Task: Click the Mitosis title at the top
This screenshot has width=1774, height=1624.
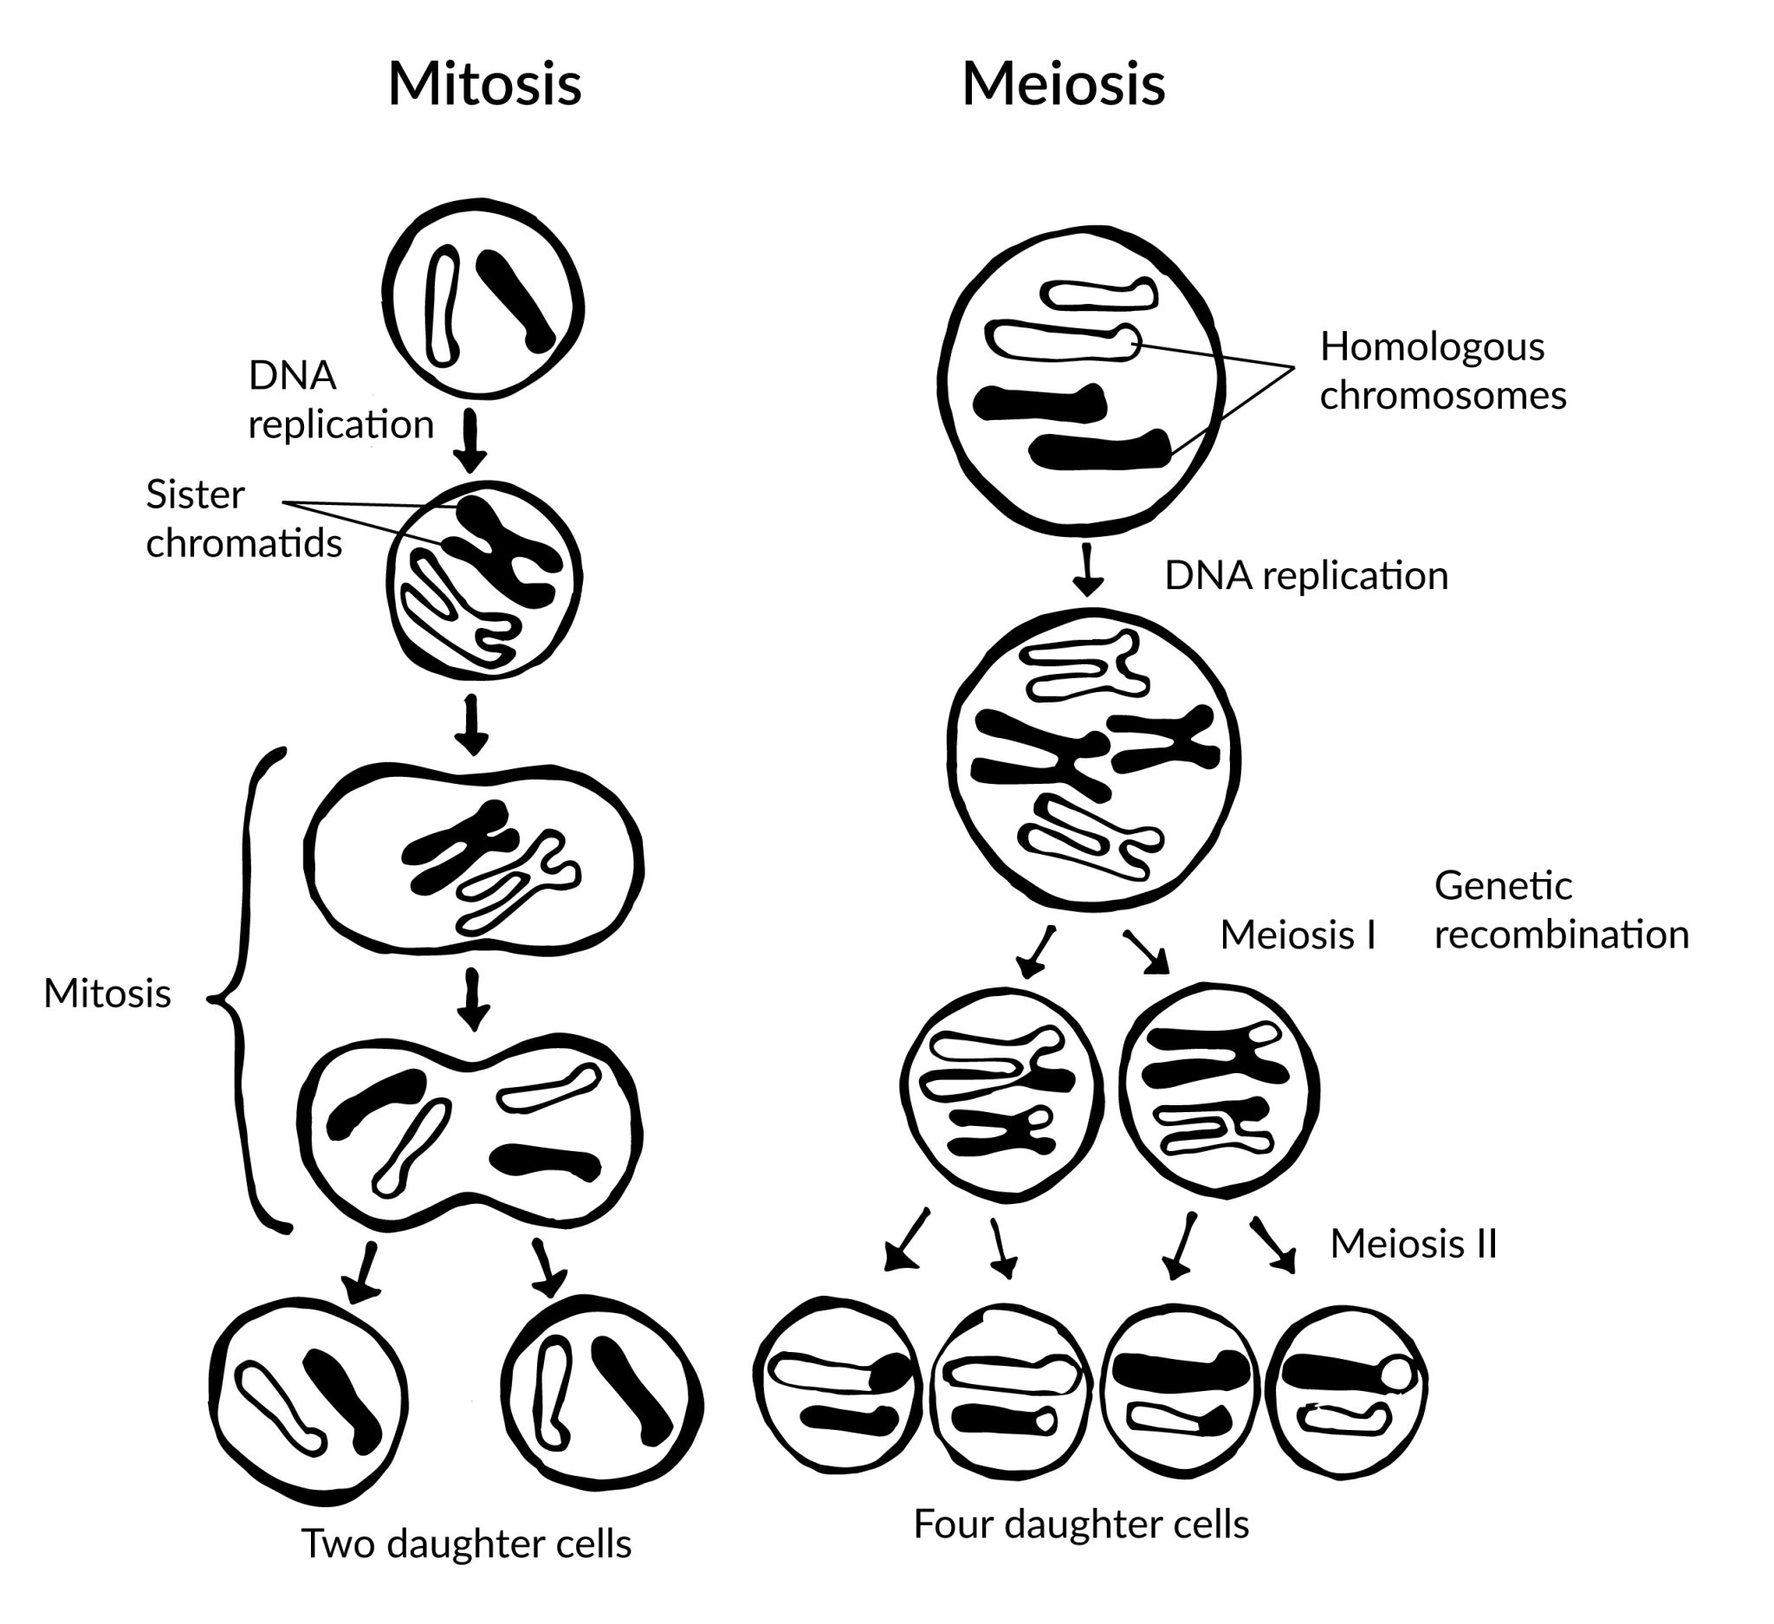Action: pos(485,86)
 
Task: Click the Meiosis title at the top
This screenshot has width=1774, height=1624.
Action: pos(1063,86)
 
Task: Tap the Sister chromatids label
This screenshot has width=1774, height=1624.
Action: pos(243,519)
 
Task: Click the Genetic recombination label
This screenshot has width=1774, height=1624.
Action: pos(1560,909)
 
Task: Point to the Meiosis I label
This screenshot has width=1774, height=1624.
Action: pos(1297,935)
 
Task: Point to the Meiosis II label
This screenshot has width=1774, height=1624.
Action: pos(1412,1244)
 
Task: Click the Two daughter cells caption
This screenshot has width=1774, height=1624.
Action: pos(466,1543)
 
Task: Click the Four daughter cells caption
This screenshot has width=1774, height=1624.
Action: pos(1080,1524)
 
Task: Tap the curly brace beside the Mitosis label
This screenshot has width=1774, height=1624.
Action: pos(242,994)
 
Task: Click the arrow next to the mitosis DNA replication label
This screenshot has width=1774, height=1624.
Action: pos(469,440)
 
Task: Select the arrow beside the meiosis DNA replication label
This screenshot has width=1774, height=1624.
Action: pos(1089,570)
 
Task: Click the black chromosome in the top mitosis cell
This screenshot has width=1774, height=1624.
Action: pos(515,301)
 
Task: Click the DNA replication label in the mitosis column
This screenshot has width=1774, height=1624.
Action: pos(340,400)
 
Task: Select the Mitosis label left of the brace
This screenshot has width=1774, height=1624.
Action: pos(107,994)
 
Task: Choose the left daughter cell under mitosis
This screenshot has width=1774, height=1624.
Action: pos(310,1399)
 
